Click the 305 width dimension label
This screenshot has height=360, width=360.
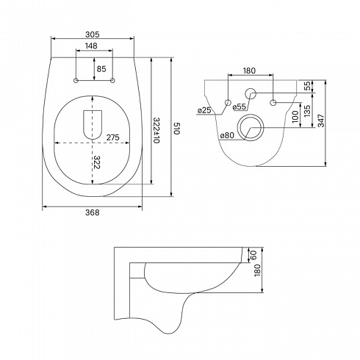93,35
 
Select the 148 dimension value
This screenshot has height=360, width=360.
91,46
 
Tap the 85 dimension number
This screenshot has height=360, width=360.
101,69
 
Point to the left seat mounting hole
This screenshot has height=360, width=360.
76,80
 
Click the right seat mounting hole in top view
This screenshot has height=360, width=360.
112,80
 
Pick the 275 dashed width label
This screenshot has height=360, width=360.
112,137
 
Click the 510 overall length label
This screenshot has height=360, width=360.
177,129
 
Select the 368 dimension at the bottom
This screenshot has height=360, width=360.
93,212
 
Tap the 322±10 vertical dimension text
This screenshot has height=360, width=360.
156,130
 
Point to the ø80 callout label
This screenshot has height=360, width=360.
227,135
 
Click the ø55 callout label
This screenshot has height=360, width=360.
239,107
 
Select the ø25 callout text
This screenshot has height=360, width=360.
204,110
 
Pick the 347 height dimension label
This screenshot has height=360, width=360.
321,120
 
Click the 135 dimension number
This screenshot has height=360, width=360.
307,110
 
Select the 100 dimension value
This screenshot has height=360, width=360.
295,116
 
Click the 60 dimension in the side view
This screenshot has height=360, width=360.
253,255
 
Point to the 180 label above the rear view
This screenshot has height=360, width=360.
249,71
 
